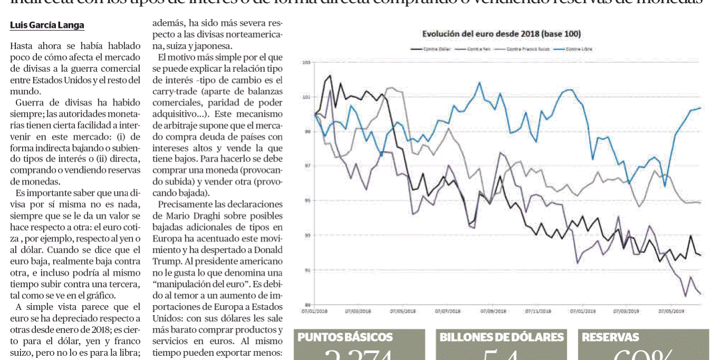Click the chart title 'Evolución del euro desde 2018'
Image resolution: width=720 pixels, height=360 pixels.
coord(501,34)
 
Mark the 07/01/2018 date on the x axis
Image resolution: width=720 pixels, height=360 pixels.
coord(315,311)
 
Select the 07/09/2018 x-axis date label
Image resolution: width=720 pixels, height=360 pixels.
coord(493,311)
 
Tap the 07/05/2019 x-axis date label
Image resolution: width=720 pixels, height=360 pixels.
coord(671,311)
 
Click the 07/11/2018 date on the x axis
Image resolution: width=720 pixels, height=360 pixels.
coord(538,311)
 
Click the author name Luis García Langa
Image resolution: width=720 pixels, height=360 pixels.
coord(47,25)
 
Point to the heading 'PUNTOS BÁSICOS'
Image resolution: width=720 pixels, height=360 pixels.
coord(345,337)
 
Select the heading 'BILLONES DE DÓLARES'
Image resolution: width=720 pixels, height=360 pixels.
coord(501,337)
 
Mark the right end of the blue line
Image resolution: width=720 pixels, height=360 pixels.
coord(700,108)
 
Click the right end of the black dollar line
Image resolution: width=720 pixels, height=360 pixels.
coord(700,255)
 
